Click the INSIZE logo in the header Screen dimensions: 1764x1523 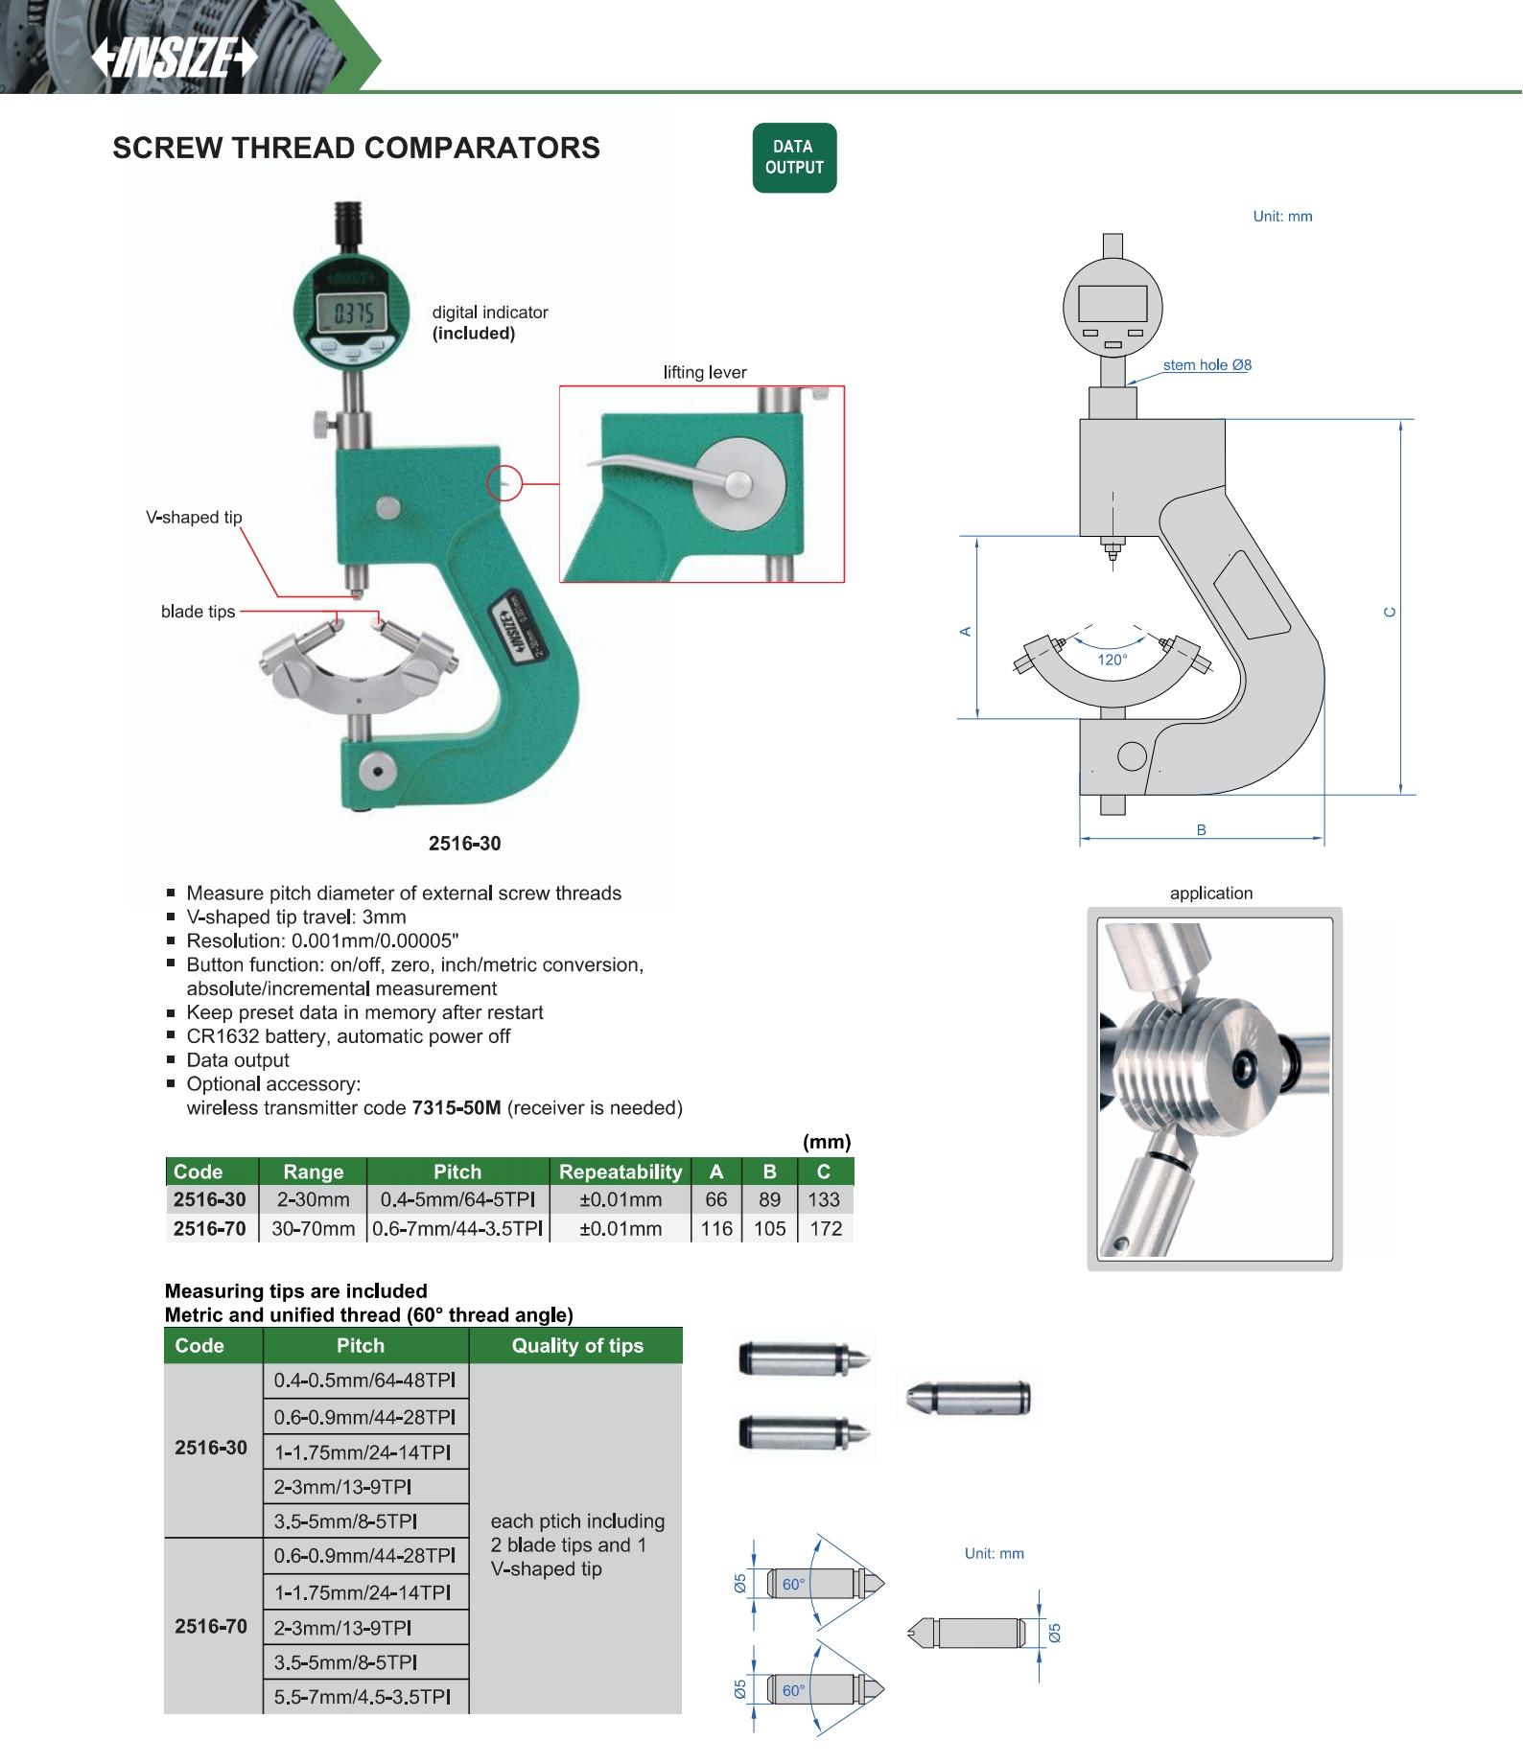click(175, 57)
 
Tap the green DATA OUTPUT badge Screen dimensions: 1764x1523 click(794, 157)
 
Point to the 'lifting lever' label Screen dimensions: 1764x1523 click(705, 372)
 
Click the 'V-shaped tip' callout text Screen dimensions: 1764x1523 click(194, 518)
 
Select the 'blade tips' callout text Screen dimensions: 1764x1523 click(198, 612)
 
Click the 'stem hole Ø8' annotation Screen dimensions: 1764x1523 click(1207, 365)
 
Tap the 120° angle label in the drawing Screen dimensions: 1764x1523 click(1113, 660)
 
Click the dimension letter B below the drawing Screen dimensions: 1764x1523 click(1201, 830)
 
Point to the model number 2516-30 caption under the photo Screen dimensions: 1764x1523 click(464, 844)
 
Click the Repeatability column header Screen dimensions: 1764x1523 click(621, 1172)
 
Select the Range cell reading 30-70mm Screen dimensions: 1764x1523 click(313, 1229)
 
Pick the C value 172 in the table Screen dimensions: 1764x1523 click(826, 1229)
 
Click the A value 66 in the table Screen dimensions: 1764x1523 click(716, 1200)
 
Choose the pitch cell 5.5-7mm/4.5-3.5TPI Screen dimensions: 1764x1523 click(363, 1697)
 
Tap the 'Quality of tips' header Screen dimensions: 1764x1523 click(577, 1346)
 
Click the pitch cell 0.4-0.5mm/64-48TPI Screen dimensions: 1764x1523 click(364, 1381)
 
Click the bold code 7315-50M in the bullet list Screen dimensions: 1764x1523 click(457, 1108)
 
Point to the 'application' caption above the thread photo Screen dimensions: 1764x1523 click(1211, 894)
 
